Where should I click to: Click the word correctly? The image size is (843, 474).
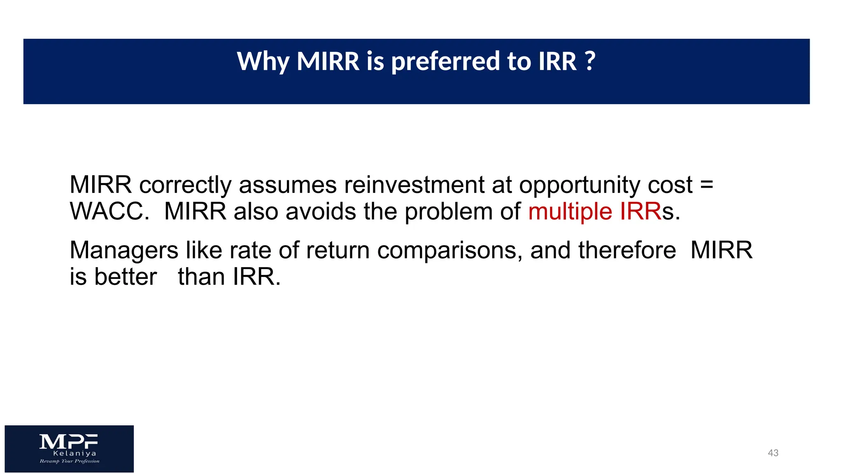pos(185,185)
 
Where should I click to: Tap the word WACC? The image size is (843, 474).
pos(109,211)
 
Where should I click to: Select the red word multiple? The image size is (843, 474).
pos(570,212)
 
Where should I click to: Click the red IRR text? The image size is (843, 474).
pos(640,211)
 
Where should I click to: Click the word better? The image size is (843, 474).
pos(126,276)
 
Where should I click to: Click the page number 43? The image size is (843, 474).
pos(773,453)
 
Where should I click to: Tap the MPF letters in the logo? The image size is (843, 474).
pos(69,441)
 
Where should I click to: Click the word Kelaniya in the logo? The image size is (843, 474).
pos(75,453)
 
